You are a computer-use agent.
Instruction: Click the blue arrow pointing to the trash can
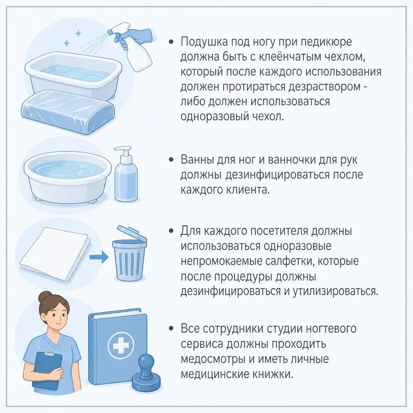pyautogui.click(x=99, y=257)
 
